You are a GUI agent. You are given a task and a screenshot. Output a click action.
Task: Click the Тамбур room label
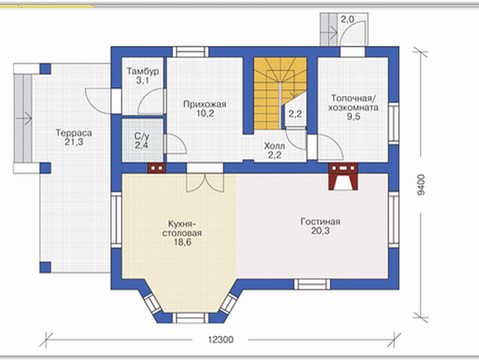pyautogui.click(x=143, y=71)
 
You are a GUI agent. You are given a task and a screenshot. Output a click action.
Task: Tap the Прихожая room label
pyautogui.click(x=205, y=104)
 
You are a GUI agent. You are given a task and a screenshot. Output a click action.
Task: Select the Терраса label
pyautogui.click(x=73, y=133)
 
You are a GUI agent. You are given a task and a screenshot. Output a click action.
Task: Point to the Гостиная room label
pyautogui.click(x=320, y=222)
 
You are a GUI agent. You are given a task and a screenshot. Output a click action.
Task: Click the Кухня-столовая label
pyautogui.click(x=182, y=228)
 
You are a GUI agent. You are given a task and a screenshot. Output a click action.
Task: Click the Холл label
pyautogui.click(x=274, y=146)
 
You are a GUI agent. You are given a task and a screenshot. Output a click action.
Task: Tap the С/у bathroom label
pyautogui.click(x=142, y=135)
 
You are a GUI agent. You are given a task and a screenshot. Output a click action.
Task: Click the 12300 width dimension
pyautogui.click(x=221, y=340)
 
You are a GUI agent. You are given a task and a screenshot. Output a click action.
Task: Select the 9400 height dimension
pyautogui.click(x=422, y=185)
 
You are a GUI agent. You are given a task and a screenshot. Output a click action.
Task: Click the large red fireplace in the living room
pyautogui.click(x=343, y=177)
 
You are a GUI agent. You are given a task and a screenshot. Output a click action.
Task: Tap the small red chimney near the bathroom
pyautogui.click(x=156, y=168)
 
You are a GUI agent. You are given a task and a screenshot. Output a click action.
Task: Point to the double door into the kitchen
pyautogui.click(x=205, y=183)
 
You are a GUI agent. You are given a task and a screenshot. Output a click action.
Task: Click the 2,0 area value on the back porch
pyautogui.click(x=348, y=19)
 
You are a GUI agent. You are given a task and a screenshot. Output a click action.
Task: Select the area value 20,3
pyautogui.click(x=320, y=231)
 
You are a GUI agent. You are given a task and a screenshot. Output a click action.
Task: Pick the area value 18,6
pyautogui.click(x=182, y=242)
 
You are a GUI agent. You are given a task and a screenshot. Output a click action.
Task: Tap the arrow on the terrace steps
pyautogui.click(x=24, y=118)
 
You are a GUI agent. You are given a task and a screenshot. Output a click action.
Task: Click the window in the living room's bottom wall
pyautogui.click(x=313, y=284)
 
